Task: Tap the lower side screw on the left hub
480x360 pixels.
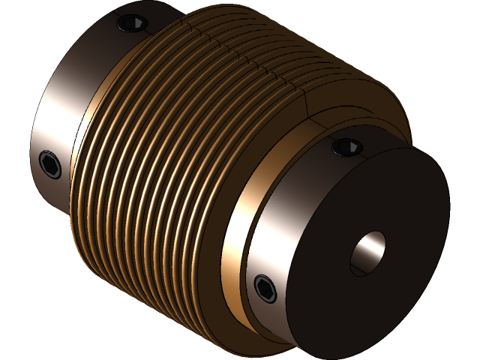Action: click(50, 163)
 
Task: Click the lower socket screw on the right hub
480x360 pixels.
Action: click(265, 288)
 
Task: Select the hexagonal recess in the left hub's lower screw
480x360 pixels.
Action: click(50, 163)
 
